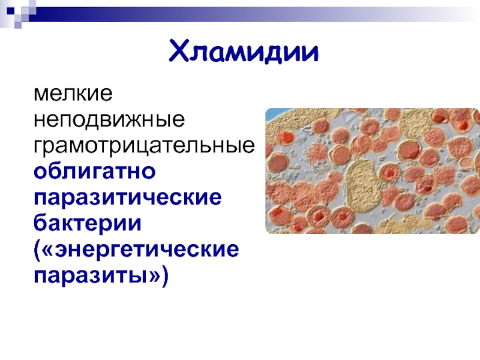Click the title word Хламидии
pyautogui.click(x=244, y=52)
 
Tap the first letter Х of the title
pyautogui.click(x=178, y=50)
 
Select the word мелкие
pyautogui.click(x=73, y=94)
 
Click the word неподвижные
pyautogui.click(x=109, y=119)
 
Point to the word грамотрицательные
pyautogui.click(x=144, y=145)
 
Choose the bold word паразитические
pyautogui.click(x=128, y=197)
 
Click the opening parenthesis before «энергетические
pyautogui.click(x=37, y=251)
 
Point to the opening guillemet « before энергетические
pyautogui.click(x=49, y=250)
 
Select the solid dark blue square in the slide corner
pyautogui.click(x=11, y=11)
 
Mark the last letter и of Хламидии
pyautogui.click(x=310, y=53)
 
